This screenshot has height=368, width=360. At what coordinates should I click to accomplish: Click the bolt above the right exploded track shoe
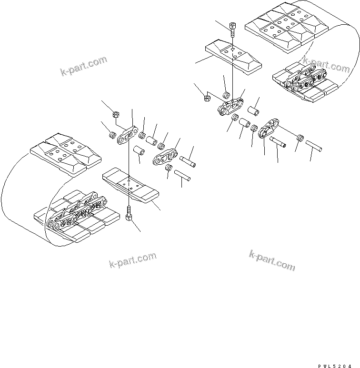pyautogui.click(x=232, y=29)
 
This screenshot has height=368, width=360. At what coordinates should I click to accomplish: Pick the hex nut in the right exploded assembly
pyautogui.click(x=207, y=99)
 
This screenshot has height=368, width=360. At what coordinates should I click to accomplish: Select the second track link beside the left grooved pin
pyautogui.click(x=164, y=157)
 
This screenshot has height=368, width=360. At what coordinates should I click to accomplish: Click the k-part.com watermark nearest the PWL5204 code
pyautogui.click(x=272, y=260)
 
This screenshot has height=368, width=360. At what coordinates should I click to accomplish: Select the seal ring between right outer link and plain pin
pyautogui.click(x=300, y=138)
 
